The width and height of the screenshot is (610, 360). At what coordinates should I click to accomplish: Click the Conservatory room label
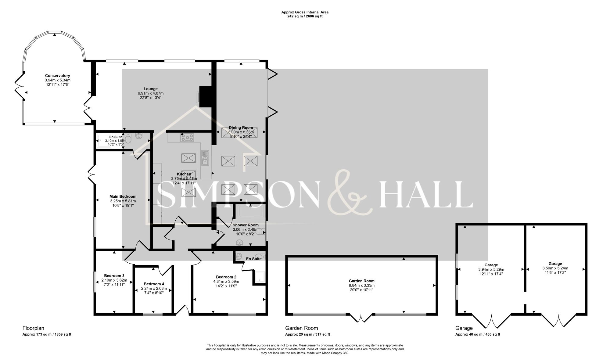point(57,76)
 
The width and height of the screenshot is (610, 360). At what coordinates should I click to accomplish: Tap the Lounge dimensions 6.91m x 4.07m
point(151,93)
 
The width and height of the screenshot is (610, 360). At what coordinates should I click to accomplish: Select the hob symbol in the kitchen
point(187,138)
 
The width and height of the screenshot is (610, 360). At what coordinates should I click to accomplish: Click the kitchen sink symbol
point(205,158)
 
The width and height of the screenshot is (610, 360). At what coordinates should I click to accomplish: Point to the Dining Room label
point(241,128)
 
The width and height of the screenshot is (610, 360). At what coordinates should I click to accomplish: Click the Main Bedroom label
point(123,196)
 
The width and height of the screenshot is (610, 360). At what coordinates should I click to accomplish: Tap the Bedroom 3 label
point(114,275)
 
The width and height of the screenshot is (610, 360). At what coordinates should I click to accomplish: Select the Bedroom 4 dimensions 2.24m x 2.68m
point(154,288)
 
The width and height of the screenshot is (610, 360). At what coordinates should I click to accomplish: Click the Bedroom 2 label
point(226,277)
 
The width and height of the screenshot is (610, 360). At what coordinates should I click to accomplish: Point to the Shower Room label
point(246,225)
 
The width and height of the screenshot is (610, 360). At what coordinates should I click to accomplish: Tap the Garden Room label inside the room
point(361,281)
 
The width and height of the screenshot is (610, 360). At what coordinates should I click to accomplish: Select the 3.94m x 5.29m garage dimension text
point(491,270)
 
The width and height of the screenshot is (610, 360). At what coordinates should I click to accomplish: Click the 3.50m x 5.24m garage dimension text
point(555,268)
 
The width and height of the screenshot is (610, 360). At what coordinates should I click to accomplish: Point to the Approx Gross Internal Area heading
point(305,12)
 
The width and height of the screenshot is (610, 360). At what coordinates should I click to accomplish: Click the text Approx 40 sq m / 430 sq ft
point(478,334)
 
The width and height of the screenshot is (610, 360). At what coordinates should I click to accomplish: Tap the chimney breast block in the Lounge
point(206,96)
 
